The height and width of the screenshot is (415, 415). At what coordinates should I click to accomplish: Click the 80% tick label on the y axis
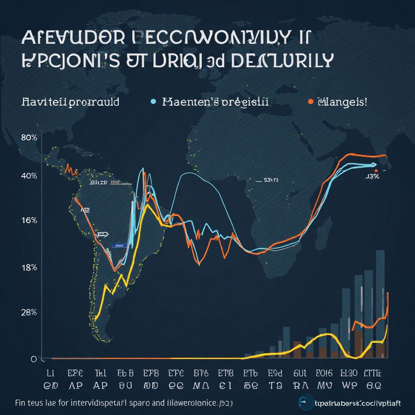coord(28,137)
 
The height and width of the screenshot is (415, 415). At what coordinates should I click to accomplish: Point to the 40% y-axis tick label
coord(29,176)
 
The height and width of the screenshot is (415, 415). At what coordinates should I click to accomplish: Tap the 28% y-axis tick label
coord(29,312)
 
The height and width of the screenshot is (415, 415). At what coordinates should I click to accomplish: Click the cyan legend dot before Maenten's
coord(153,102)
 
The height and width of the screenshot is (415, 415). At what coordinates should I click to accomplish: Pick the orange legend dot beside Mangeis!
coord(310,102)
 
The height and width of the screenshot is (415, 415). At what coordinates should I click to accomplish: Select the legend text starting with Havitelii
coord(71,101)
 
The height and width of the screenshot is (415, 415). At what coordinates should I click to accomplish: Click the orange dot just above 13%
coord(376,171)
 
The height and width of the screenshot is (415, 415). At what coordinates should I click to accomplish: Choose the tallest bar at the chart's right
coord(380,304)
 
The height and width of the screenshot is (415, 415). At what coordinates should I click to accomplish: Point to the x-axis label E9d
coord(276,372)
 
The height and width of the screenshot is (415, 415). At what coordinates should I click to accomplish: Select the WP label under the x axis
coord(349,384)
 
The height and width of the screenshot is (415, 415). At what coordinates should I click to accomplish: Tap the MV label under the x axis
coord(324,384)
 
